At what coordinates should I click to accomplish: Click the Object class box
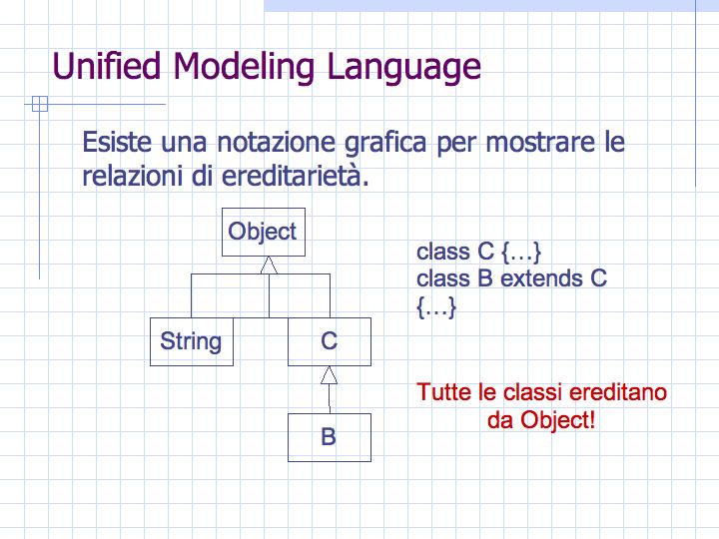(264, 232)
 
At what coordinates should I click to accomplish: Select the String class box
(192, 341)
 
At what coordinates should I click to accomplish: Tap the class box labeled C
(330, 341)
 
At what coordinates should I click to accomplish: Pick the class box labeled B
(330, 437)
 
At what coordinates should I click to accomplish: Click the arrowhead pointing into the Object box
(269, 266)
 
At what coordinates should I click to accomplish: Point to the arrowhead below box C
(329, 375)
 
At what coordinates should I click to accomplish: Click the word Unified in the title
(107, 67)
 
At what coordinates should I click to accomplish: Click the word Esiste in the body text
(117, 142)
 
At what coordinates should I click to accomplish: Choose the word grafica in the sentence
(385, 143)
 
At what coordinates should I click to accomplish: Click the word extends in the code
(541, 278)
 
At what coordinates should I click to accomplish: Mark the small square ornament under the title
(40, 104)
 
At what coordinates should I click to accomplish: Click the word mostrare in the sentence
(539, 142)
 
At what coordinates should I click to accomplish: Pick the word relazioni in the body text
(132, 176)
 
